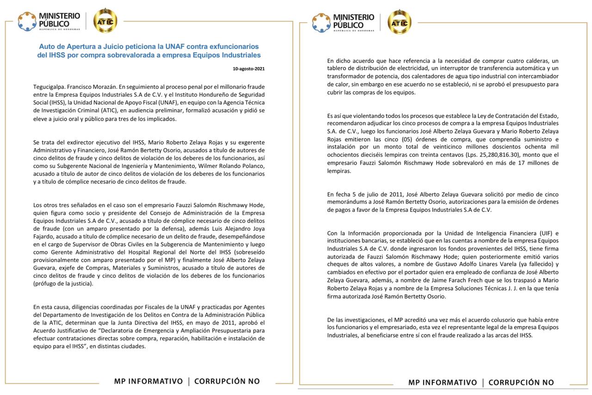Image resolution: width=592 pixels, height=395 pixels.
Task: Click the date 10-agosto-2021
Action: point(249,69)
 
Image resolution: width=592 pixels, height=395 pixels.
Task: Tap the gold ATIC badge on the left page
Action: point(105,21)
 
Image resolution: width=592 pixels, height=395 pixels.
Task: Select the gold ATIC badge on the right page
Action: point(399,22)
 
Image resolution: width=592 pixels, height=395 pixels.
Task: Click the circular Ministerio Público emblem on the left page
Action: point(27,21)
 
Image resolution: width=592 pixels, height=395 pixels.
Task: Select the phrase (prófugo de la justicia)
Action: point(63,284)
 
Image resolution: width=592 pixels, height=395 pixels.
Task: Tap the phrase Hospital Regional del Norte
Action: point(152,252)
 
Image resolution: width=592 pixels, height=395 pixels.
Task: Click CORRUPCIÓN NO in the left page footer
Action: point(227,382)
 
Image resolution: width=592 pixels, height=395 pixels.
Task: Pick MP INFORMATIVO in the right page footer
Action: point(442,383)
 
